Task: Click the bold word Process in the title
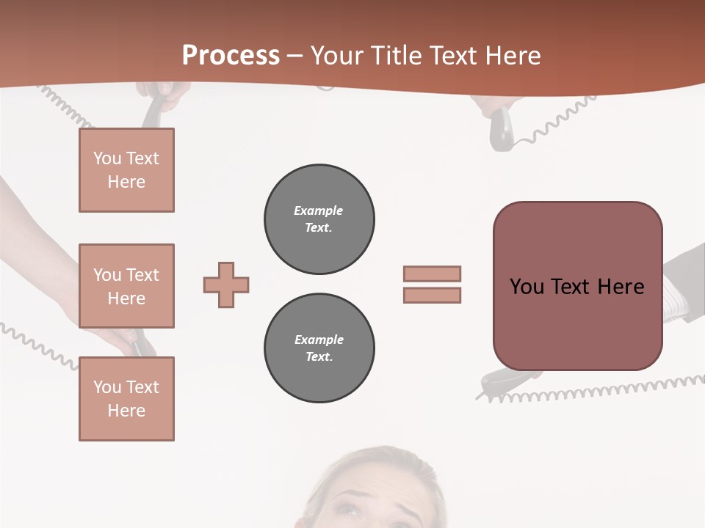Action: tap(231, 56)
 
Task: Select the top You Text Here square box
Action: tap(126, 170)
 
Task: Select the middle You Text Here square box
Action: tap(126, 286)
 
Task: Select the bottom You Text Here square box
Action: tap(126, 399)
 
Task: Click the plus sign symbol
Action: tap(226, 285)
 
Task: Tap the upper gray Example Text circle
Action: tap(319, 219)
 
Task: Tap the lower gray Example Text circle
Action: tap(319, 348)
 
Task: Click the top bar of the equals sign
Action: tap(432, 274)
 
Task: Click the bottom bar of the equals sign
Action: tap(432, 295)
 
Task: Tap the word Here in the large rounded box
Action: tap(621, 287)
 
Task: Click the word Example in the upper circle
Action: tap(319, 211)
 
